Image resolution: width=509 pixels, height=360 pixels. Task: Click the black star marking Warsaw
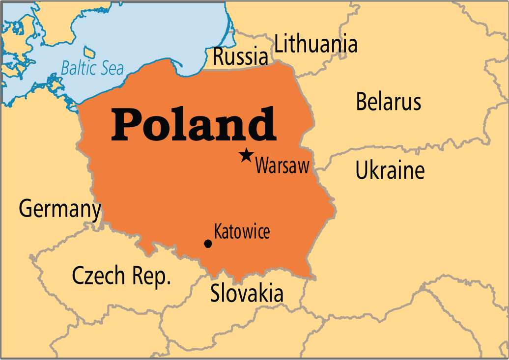click(246, 156)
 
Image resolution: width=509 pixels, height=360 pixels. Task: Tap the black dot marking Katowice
click(208, 244)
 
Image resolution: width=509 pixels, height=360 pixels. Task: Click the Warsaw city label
click(283, 166)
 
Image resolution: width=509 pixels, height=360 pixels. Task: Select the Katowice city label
click(242, 231)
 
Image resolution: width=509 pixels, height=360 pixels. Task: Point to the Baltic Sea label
click(92, 68)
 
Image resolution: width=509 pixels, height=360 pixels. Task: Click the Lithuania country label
click(316, 44)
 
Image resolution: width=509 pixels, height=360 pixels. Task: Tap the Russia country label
click(240, 56)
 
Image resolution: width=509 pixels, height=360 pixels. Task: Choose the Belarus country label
click(389, 102)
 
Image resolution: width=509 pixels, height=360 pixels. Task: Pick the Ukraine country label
click(390, 171)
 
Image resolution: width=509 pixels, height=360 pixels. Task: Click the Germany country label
click(60, 209)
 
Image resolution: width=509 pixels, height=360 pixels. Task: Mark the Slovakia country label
click(247, 294)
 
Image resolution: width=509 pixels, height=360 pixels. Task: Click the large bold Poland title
click(194, 124)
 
